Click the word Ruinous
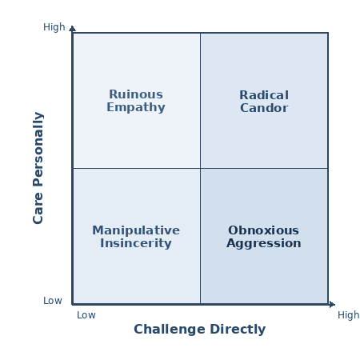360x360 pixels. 136,94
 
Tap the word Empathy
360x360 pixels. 136,107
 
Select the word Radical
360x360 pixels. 264,95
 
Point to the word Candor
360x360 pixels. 264,108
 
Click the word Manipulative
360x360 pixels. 136,230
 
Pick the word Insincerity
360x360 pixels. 136,243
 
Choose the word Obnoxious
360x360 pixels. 263,230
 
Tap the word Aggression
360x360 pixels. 264,243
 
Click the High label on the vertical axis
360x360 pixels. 54,27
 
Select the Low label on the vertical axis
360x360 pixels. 53,301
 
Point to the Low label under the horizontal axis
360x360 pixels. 86,315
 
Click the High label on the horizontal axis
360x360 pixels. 349,315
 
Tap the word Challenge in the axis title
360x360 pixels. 170,330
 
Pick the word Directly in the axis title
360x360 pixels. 238,330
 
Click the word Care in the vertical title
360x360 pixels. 38,208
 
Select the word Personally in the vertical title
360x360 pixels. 38,150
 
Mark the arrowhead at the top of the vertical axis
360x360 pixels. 72,28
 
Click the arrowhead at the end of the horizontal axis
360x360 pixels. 332,304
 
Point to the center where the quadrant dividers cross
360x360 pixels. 201,168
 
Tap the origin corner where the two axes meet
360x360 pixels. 73,304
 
